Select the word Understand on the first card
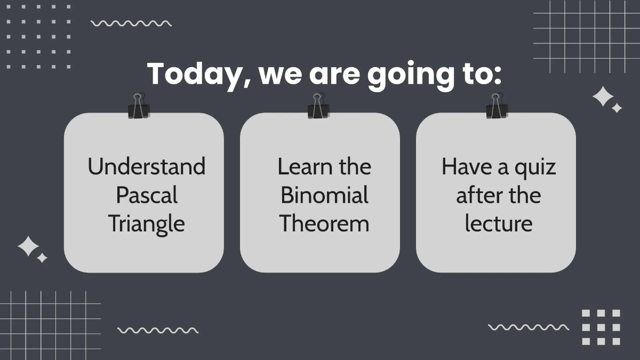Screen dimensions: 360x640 [147, 166]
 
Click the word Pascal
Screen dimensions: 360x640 [147, 195]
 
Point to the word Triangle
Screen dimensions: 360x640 [147, 224]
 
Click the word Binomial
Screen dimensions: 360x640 [324, 195]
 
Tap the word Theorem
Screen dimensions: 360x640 [324, 223]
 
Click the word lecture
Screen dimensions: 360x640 [498, 223]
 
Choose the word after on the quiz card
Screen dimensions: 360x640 [476, 195]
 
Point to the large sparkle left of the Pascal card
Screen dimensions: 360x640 [28, 246]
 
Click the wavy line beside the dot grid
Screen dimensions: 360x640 [131, 23]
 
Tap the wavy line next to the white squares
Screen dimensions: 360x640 [528, 327]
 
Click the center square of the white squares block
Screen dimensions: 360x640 [601, 327]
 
